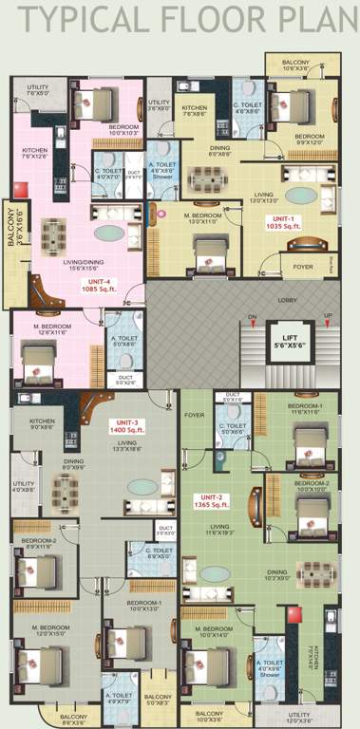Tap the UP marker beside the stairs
coord(328,316)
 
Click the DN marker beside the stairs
coord(253,316)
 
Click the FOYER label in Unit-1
coord(302,267)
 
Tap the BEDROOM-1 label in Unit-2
coord(306,409)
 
